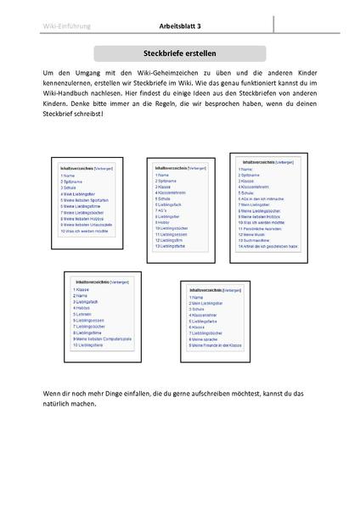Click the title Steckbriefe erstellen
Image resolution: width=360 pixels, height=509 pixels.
[x=180, y=53]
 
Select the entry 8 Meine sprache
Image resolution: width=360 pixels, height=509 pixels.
[x=209, y=340]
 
